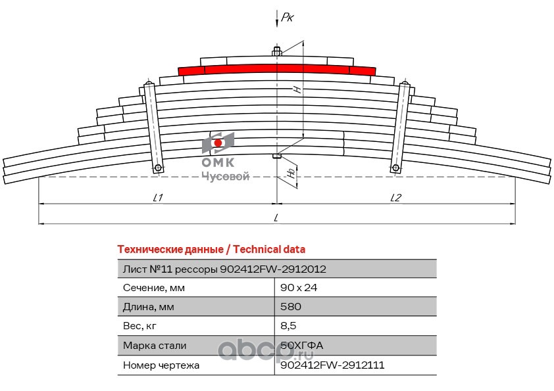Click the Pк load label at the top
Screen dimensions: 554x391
(x=287, y=18)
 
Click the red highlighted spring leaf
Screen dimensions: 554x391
(x=276, y=69)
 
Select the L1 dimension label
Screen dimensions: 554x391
(x=157, y=197)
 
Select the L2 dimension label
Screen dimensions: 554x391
(x=395, y=197)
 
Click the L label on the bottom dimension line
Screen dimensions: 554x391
(x=276, y=218)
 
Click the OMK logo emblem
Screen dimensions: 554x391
(x=218, y=143)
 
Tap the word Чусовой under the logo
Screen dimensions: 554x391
(x=224, y=176)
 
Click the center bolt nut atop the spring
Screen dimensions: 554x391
(x=277, y=51)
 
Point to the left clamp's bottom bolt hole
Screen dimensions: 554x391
(x=159, y=168)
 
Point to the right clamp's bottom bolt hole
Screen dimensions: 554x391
(x=395, y=168)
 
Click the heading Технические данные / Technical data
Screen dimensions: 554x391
(x=211, y=250)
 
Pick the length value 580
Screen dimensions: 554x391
(x=291, y=307)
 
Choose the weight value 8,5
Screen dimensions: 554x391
(x=288, y=326)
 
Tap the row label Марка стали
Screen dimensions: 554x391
(x=155, y=345)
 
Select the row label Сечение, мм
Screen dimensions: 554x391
(x=155, y=288)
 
